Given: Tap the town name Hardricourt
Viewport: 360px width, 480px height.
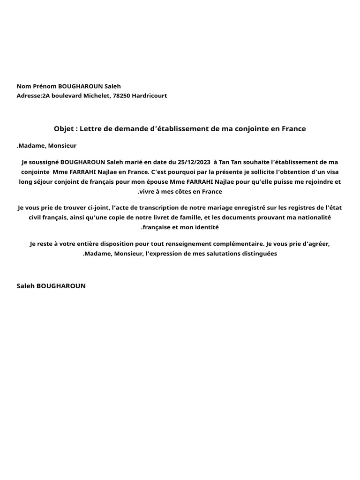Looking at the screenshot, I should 150,96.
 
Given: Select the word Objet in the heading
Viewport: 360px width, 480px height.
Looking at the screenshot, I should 64,128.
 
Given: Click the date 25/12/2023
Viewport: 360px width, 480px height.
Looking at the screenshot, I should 195,162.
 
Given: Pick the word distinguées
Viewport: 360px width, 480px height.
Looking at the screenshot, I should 259,254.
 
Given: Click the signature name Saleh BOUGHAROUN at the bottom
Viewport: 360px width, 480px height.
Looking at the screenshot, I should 51,285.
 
